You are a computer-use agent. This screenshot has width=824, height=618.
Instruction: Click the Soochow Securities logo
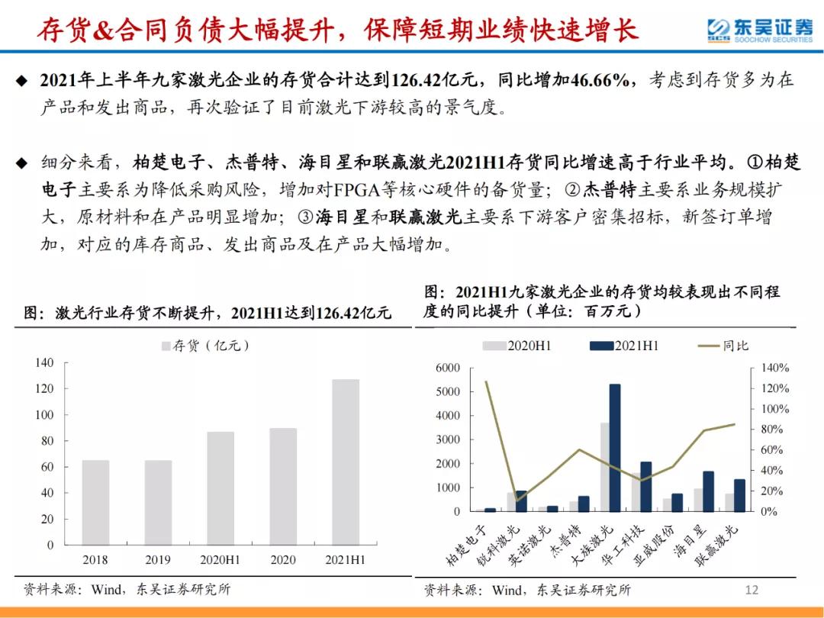pos(758,31)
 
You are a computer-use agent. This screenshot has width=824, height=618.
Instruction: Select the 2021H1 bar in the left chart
pos(345,462)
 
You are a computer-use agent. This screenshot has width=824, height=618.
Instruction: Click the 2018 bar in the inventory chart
pos(95,503)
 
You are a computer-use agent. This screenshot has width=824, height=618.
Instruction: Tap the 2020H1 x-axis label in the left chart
pos(220,560)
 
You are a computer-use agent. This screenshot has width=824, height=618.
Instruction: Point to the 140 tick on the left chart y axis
pos(44,363)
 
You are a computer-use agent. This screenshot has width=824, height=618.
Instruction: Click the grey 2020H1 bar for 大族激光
pos(604,467)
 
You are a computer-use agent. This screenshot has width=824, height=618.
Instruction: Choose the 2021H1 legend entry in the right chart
pos(626,346)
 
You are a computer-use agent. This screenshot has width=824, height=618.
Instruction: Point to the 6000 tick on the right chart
pos(448,369)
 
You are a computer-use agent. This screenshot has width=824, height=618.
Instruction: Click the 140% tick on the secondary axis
pos(774,369)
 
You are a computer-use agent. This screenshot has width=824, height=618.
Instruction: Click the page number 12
pos(752,590)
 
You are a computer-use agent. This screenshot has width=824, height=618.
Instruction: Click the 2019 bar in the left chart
pos(159,503)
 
